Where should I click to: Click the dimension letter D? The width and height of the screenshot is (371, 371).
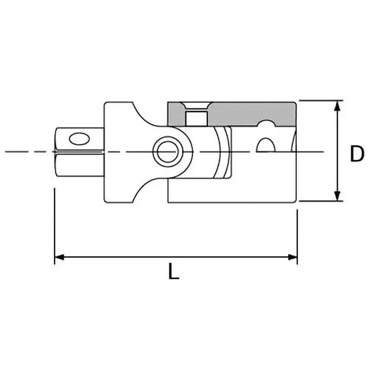(x=357, y=154)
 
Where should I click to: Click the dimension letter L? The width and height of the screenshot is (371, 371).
(x=173, y=272)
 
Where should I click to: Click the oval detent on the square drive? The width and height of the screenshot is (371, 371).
(x=78, y=138)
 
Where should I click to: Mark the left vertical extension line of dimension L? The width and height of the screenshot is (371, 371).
(x=55, y=223)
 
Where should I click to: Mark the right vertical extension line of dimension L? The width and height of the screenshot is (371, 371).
(x=297, y=232)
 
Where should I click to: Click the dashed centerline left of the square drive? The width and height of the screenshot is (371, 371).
(x=28, y=151)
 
